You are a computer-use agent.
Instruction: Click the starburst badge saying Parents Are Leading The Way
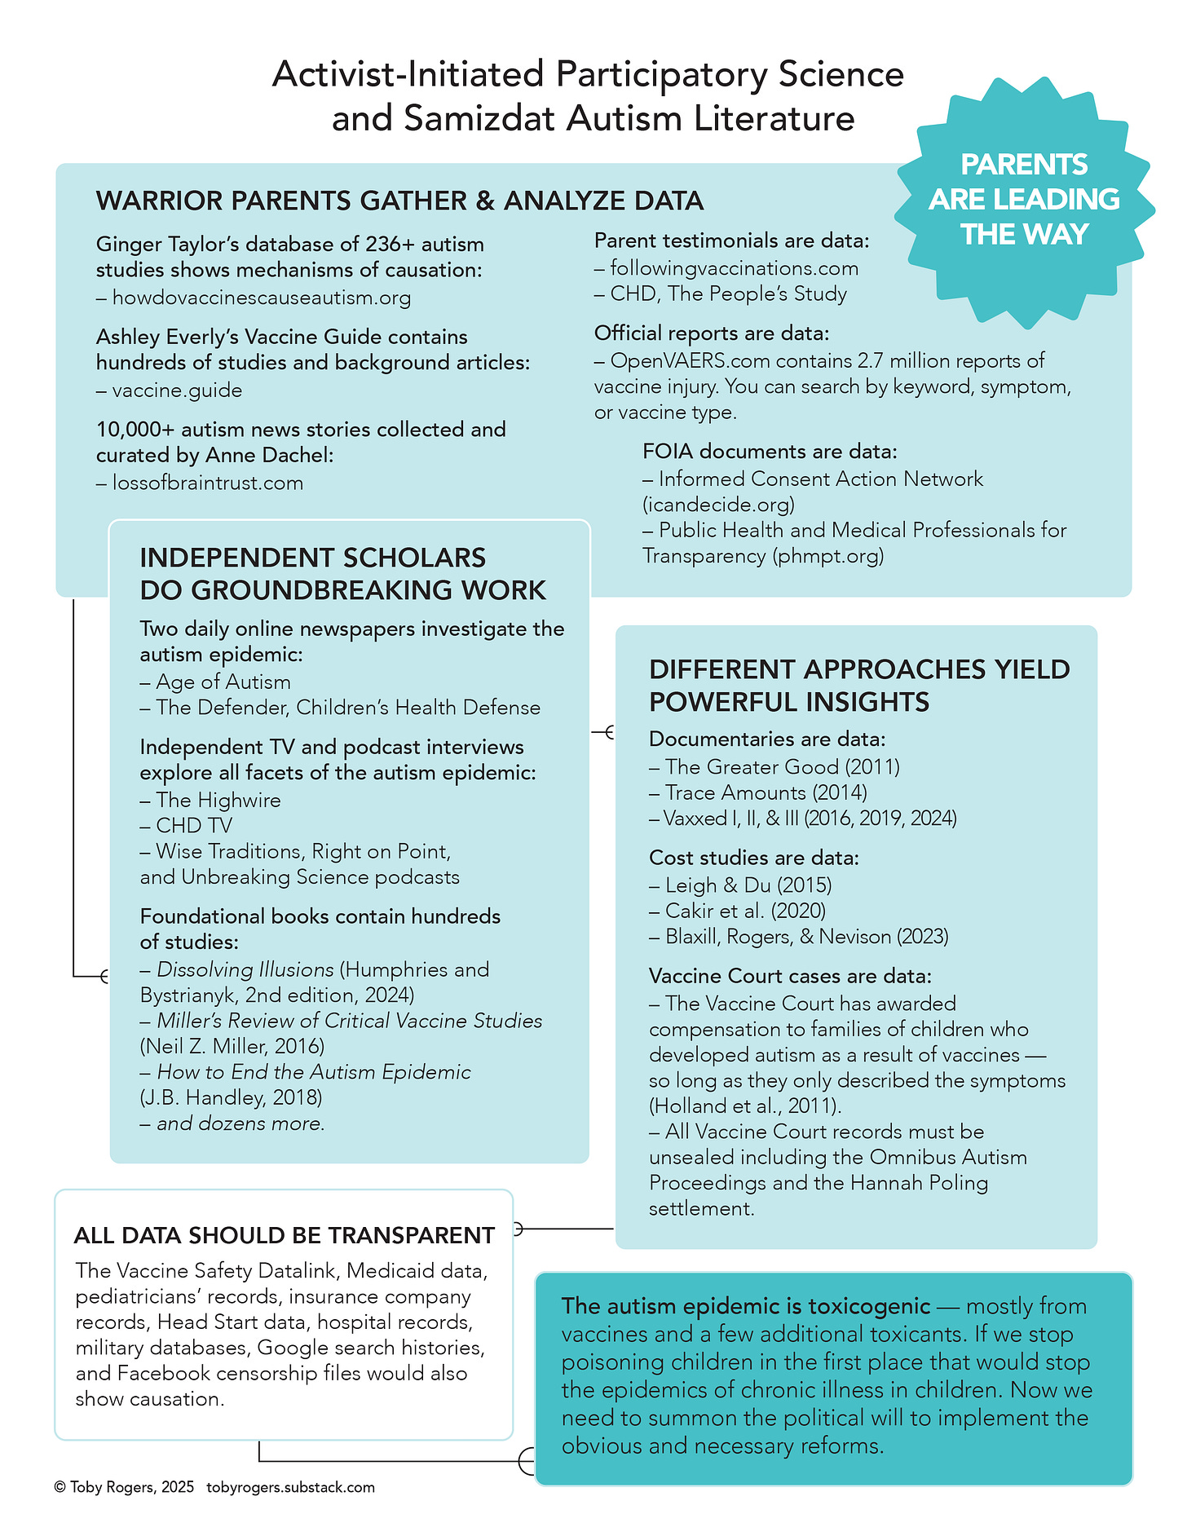(1024, 200)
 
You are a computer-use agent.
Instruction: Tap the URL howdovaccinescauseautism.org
(261, 298)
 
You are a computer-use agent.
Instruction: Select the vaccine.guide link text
(177, 391)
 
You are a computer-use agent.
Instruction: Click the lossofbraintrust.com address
(207, 483)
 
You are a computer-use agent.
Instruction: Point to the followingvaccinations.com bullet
(734, 268)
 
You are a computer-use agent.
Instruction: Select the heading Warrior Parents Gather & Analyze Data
(399, 201)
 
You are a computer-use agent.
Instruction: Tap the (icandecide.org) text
(718, 505)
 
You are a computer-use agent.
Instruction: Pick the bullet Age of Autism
(223, 682)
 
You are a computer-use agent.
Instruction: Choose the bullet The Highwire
(218, 801)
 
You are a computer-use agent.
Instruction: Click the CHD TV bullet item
(194, 826)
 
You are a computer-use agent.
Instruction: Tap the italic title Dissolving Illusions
(245, 970)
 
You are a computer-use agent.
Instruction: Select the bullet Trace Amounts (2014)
(766, 792)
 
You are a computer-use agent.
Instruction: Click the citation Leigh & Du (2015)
(748, 885)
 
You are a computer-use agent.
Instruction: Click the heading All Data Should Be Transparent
(284, 1236)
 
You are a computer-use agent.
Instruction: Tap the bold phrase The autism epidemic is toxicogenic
(745, 1306)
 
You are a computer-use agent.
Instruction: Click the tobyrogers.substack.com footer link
(290, 1487)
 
